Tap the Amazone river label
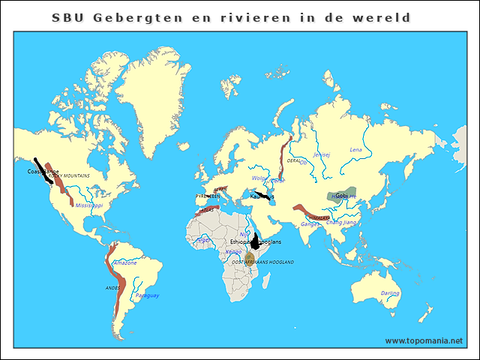124,262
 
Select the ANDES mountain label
112,287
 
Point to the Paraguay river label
147,295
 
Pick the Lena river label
355,150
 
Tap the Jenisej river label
321,154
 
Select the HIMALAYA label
319,217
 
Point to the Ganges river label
309,223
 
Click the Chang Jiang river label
341,222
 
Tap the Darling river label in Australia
390,293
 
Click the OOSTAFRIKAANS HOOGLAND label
262,262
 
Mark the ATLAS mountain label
208,211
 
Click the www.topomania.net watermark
424,340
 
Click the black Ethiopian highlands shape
256,241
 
